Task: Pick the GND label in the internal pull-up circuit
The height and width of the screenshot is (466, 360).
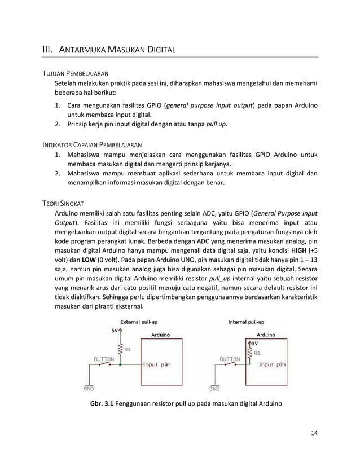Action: click(x=214, y=388)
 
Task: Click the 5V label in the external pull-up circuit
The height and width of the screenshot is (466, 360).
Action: click(x=114, y=332)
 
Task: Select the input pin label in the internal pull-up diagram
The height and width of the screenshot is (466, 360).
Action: click(x=272, y=364)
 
